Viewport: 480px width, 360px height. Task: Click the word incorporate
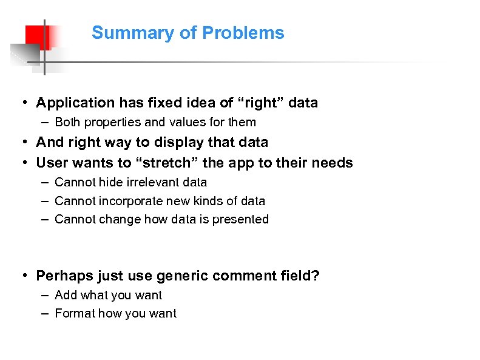click(x=124, y=201)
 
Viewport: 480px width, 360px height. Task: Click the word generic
click(x=179, y=276)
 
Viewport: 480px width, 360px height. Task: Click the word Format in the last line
click(x=72, y=314)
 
